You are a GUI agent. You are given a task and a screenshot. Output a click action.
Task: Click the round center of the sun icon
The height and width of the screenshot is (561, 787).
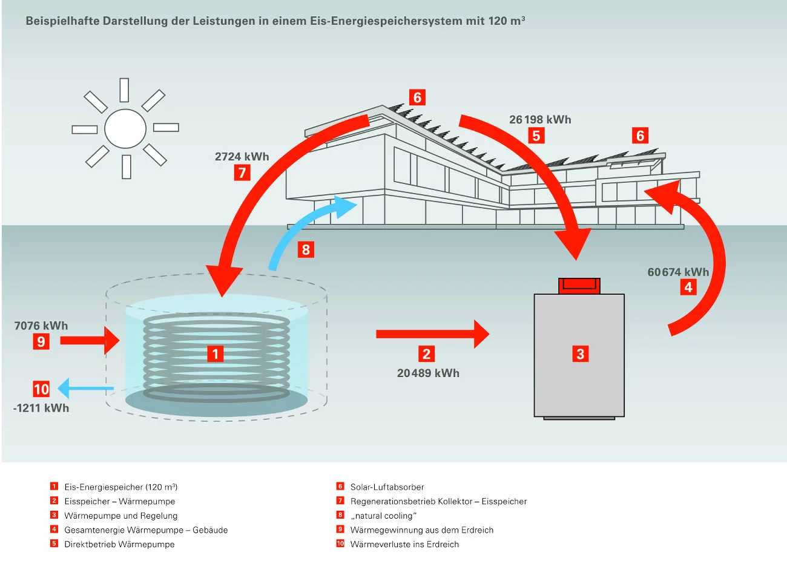(x=125, y=128)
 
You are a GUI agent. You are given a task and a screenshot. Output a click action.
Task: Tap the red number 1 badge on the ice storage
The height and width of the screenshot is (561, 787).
(x=215, y=353)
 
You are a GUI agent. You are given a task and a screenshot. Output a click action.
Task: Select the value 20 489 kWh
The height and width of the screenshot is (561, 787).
(x=428, y=373)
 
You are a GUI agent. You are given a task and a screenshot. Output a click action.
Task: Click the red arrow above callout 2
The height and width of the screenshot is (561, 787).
(x=432, y=334)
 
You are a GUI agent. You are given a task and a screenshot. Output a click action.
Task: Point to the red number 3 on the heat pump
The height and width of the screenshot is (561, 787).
(x=580, y=354)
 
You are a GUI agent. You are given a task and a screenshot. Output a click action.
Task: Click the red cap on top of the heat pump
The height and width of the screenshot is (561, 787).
(x=579, y=285)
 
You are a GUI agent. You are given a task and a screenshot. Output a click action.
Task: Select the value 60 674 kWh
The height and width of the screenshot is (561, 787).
(x=678, y=272)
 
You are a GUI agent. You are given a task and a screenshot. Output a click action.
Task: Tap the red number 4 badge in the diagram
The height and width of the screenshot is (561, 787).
(x=688, y=287)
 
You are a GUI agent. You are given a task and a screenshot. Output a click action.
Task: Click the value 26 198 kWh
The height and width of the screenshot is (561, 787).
(x=540, y=119)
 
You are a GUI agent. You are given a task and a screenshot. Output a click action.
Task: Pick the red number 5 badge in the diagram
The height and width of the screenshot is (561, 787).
(x=536, y=136)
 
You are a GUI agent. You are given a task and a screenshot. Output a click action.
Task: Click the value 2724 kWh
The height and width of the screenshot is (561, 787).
(x=242, y=156)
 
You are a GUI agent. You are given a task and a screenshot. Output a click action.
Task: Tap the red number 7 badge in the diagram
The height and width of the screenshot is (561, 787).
(x=242, y=172)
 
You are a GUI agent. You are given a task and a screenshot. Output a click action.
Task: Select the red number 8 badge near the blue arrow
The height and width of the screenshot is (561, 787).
(x=306, y=249)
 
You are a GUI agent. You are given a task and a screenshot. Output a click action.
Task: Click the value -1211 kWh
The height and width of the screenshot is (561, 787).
(x=41, y=408)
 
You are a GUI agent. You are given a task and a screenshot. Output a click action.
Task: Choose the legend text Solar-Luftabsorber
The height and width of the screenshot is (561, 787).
(x=387, y=487)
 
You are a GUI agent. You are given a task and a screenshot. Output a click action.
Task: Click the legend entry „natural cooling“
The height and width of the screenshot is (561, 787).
(x=383, y=516)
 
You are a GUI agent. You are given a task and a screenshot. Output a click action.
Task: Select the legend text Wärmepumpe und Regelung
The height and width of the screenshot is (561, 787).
(x=121, y=516)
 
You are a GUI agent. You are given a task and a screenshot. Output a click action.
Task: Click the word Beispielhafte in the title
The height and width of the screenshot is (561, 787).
(x=62, y=21)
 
